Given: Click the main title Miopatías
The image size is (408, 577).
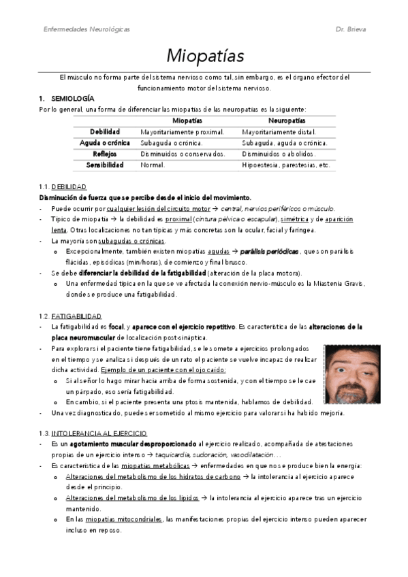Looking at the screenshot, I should tap(204, 55).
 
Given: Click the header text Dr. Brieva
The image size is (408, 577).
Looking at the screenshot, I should tap(352, 30).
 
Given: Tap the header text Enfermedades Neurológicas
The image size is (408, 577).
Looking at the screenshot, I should tap(87, 30).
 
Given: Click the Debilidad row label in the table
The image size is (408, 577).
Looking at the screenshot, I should tap(105, 131).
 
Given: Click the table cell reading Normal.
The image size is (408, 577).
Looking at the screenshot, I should tap(153, 165).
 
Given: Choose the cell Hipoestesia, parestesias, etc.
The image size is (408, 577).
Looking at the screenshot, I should tap(286, 165).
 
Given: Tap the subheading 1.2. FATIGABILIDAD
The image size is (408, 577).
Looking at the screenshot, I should tap(71, 316).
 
